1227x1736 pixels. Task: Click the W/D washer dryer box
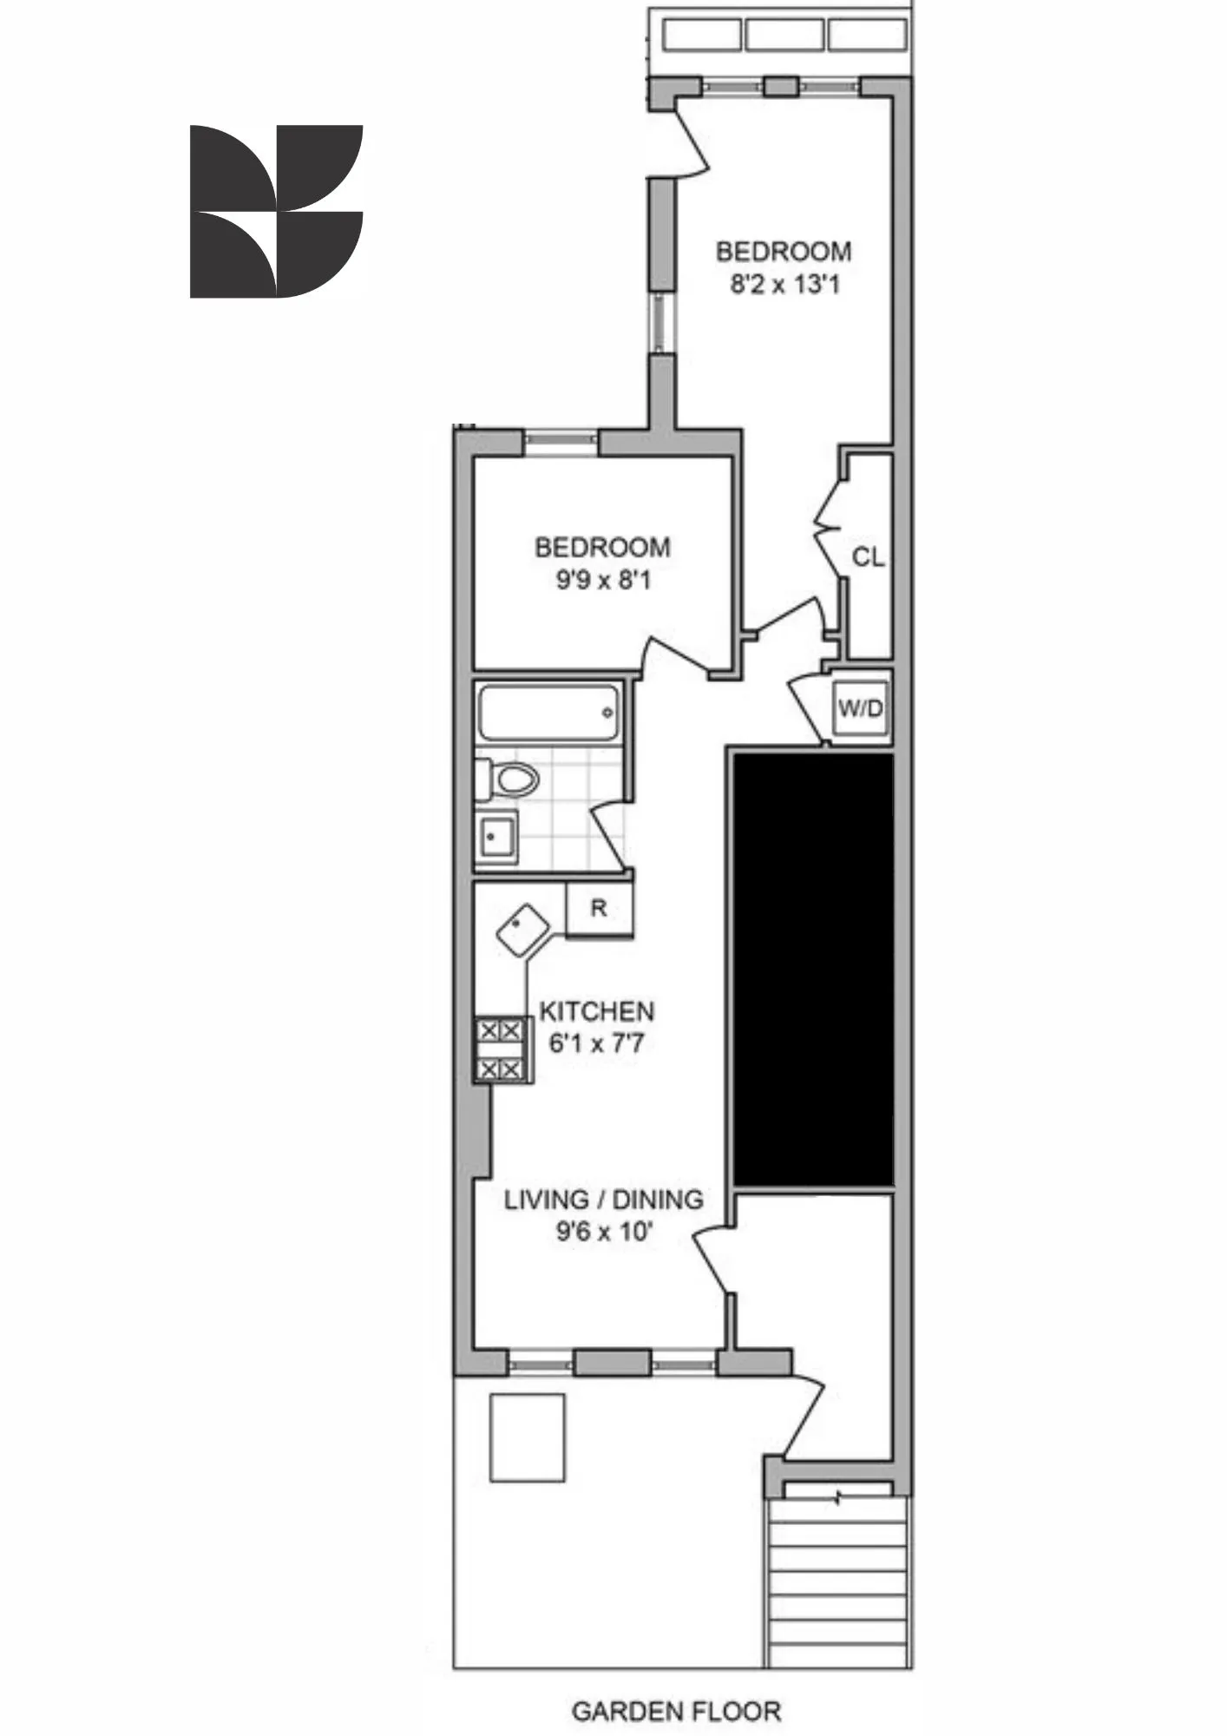coord(860,709)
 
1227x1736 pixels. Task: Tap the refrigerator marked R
coord(599,908)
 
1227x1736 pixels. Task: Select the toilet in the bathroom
coord(511,779)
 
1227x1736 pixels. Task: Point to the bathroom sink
coord(496,838)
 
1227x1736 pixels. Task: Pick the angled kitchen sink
coord(523,930)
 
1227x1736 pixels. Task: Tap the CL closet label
coord(868,557)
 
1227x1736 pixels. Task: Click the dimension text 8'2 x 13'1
coord(784,285)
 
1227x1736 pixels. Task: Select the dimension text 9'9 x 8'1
coord(603,580)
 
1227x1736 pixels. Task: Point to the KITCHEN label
coord(597,1011)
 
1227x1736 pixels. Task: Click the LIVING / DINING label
coord(604,1200)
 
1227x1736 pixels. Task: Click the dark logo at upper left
coord(276,212)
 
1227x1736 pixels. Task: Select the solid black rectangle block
coord(813,968)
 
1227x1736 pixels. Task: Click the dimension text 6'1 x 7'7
coord(597,1043)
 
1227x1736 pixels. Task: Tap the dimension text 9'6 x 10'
coord(604,1232)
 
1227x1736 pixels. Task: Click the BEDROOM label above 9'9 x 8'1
coord(602,548)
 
